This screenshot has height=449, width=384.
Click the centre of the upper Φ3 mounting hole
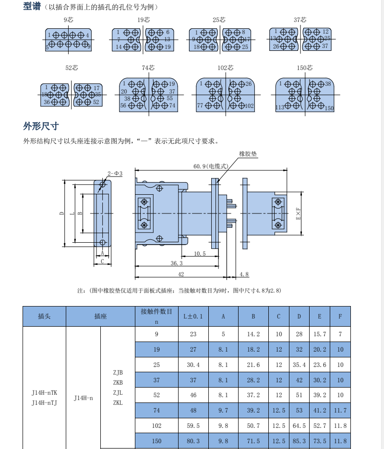[x=103, y=184]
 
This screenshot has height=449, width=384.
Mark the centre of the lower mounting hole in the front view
[x=103, y=243]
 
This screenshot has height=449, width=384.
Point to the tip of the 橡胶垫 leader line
[x=217, y=182]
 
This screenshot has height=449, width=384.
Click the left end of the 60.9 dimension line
[x=135, y=170]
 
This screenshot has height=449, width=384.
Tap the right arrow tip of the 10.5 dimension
[x=219, y=256]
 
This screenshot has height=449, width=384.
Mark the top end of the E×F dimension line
[x=301, y=192]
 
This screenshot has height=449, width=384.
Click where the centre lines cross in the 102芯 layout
[x=226, y=95]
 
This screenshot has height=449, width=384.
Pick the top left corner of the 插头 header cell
[x=23, y=307]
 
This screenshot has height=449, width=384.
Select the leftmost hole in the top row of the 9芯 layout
[x=56, y=35]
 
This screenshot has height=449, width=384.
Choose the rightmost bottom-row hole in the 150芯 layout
[x=321, y=106]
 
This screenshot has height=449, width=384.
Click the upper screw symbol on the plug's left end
[x=144, y=202]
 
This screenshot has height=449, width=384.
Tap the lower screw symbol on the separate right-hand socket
[x=278, y=225]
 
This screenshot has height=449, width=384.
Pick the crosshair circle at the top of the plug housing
[x=159, y=188]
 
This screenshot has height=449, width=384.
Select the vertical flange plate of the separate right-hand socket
[x=245, y=213]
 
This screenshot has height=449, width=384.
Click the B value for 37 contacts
[x=253, y=380]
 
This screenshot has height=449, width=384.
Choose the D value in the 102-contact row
[x=299, y=426]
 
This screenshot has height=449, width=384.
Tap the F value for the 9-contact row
[x=340, y=334]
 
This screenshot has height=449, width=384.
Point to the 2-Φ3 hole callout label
[x=115, y=174]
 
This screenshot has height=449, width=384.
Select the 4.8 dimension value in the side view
[x=244, y=274]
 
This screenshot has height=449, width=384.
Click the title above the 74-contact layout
[x=148, y=68]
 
